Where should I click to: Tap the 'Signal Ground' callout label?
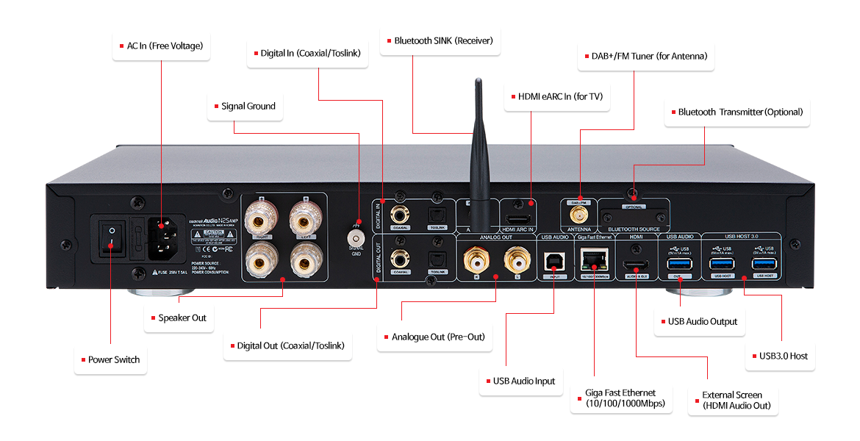244,107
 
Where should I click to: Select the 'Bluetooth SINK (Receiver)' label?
440,41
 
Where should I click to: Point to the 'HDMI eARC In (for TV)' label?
556,96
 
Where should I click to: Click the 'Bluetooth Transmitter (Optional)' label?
737,112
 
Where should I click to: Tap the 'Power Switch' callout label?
110,360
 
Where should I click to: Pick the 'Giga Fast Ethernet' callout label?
620,398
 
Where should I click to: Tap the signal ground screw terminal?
357,239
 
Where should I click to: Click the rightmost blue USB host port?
763,265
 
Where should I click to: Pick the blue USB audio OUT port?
676,265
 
